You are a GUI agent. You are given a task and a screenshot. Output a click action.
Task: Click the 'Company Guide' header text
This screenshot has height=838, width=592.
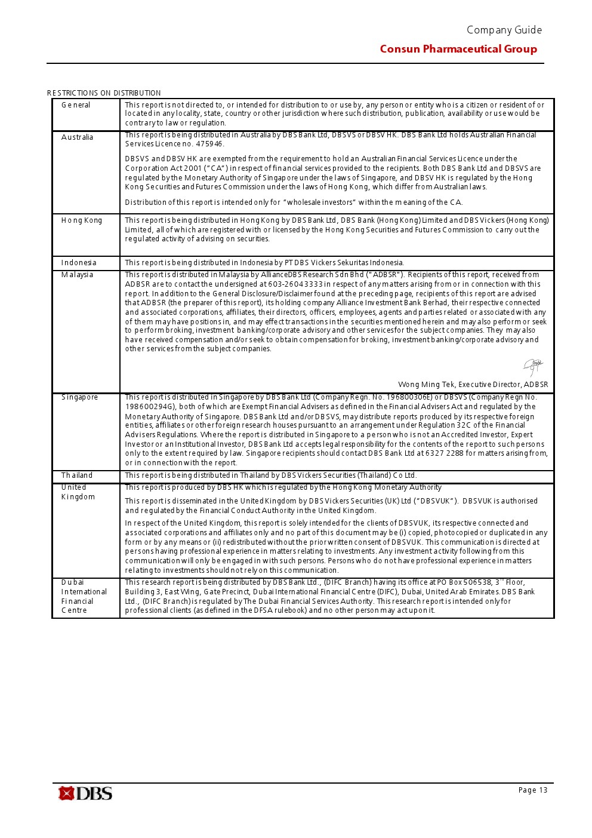tap(504, 30)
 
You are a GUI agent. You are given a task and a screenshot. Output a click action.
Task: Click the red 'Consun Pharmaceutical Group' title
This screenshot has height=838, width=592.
tap(458, 49)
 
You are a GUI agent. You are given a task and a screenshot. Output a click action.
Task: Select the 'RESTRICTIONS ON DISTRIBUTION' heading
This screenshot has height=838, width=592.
tap(104, 93)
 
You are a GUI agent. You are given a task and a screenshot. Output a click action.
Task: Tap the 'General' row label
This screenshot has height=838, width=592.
tap(76, 105)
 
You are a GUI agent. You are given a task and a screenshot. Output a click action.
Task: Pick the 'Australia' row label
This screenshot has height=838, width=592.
tap(77, 137)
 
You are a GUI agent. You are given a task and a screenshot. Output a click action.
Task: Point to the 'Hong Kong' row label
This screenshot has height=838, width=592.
tap(82, 220)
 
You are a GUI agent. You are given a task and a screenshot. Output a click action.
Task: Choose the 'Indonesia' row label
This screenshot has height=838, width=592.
tap(79, 263)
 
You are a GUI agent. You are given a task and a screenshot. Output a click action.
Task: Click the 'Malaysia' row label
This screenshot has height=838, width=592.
tap(77, 275)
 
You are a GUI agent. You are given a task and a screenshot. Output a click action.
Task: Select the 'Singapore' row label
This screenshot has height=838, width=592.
tap(79, 397)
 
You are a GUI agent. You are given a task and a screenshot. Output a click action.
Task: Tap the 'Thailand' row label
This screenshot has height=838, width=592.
tap(77, 475)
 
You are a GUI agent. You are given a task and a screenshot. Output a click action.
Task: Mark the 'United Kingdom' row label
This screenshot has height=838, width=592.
tap(78, 492)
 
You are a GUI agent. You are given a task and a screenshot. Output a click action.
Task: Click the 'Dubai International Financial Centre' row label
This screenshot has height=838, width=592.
tap(84, 596)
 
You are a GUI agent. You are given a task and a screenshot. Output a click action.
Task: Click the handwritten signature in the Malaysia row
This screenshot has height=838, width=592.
tap(533, 366)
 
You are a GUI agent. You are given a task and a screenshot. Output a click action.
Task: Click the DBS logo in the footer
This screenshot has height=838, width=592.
tap(85, 793)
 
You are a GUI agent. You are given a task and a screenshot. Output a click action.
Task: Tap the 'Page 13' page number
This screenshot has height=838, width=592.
tap(533, 790)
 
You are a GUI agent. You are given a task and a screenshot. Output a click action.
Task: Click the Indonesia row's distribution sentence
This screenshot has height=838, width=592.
tap(264, 263)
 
